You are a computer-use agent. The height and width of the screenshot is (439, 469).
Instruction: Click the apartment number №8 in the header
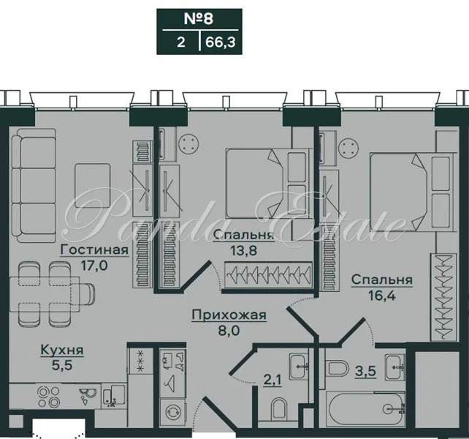[198, 18]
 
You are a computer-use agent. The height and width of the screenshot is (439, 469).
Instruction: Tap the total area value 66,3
[221, 42]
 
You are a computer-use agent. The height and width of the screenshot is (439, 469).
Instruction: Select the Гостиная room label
[94, 249]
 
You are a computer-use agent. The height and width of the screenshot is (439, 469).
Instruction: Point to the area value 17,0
[94, 265]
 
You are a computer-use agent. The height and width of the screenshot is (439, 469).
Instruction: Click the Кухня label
[62, 350]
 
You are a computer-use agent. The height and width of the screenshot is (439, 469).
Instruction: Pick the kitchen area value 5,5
[62, 365]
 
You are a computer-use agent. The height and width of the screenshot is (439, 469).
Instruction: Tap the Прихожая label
[229, 315]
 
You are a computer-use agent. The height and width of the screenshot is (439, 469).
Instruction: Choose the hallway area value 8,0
[229, 331]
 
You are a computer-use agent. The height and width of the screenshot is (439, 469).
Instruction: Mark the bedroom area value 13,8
[244, 250]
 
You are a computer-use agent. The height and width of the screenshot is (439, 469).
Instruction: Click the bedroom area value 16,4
[382, 296]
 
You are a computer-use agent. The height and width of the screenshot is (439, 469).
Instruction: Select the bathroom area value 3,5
[365, 371]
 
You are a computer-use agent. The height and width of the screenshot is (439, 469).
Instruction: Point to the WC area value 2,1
[272, 380]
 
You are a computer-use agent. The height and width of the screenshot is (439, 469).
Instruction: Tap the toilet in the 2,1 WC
[279, 409]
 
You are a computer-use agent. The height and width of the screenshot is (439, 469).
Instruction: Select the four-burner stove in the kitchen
[49, 397]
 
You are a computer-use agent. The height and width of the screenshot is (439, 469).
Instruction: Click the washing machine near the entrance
[172, 412]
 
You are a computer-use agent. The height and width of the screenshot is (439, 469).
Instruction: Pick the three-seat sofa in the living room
[34, 186]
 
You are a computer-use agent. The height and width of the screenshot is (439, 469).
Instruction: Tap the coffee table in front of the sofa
[93, 186]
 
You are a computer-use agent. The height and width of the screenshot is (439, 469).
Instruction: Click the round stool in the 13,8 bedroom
[188, 144]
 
